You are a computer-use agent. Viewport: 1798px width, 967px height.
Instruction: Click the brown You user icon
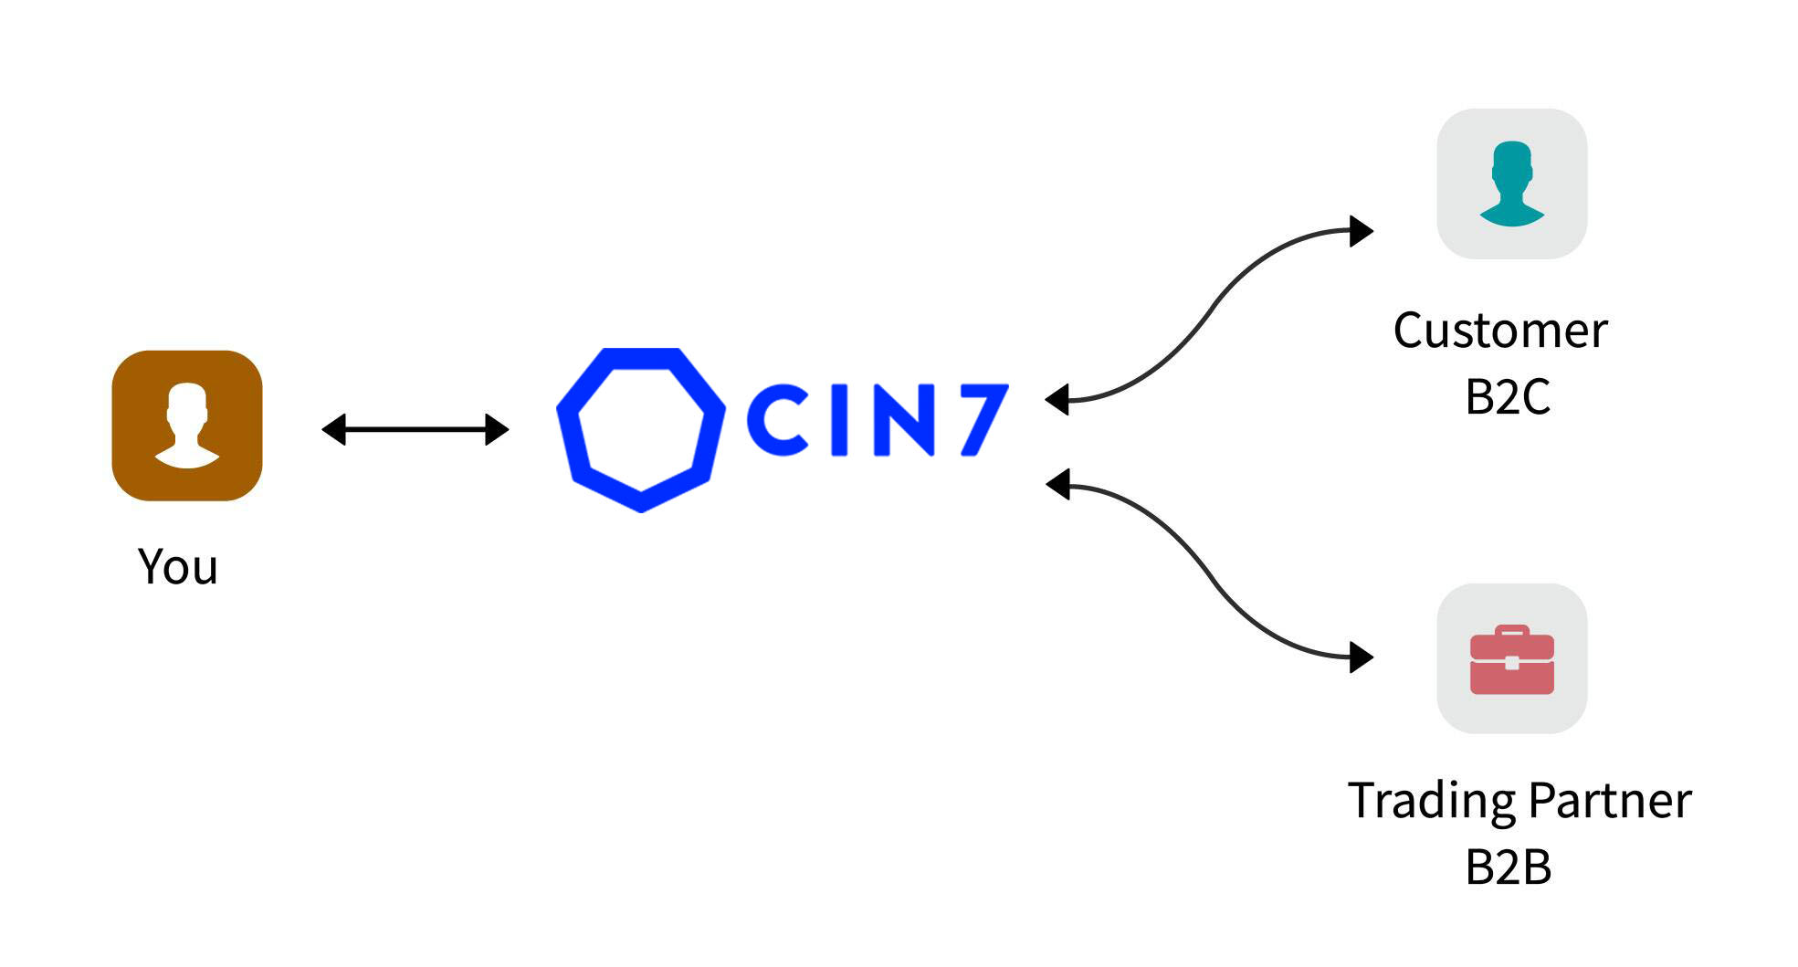coord(186,426)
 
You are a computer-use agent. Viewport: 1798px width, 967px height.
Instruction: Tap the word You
coord(178,567)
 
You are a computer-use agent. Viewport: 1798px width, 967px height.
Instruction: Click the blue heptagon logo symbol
coord(640,429)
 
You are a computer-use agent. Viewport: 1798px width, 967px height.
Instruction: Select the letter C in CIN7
coord(777,420)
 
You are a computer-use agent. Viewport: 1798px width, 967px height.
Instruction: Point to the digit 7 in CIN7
coord(982,419)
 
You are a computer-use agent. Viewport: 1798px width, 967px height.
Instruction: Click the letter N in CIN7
coord(903,420)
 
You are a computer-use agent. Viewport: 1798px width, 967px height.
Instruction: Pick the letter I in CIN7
coord(839,420)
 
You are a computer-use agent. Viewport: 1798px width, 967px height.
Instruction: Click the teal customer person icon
coord(1511,184)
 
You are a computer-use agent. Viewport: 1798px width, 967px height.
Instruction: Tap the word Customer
coord(1499,331)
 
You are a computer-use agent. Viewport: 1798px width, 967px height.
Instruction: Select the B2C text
coord(1508,397)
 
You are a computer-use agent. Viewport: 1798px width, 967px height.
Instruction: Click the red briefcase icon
coord(1511,659)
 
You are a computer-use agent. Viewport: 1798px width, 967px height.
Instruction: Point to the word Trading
coord(1432,802)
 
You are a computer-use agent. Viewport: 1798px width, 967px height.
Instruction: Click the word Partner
coord(1609,802)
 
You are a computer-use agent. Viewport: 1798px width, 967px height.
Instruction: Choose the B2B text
coord(1508,867)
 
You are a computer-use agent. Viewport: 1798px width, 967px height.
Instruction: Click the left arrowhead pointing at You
coord(334,429)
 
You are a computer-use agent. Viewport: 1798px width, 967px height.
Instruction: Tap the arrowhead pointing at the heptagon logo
coord(497,429)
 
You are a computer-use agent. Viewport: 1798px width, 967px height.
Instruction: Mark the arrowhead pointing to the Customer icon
coord(1361,231)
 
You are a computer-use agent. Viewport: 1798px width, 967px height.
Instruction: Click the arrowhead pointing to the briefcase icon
coord(1361,657)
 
